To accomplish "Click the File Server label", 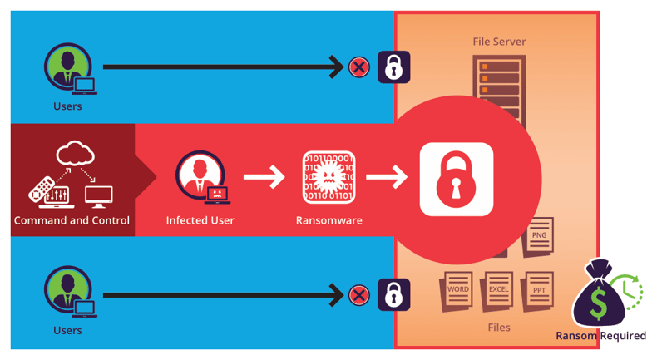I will point(498,42).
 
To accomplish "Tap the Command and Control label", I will point(72,220).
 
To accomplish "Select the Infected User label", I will point(200,220).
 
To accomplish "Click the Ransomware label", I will point(328,220).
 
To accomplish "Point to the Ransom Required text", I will point(600,336).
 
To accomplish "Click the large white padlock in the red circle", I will point(456,180).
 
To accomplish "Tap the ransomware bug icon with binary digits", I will point(328,177).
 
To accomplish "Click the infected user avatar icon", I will point(200,175).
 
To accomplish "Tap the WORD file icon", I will point(457,290).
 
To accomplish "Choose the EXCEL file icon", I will point(498,290).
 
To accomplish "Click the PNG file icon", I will point(539,236).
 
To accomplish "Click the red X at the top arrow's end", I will point(359,67).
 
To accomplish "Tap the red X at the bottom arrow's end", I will point(359,295).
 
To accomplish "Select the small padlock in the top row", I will point(393,67).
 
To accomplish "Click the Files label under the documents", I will point(499,328).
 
